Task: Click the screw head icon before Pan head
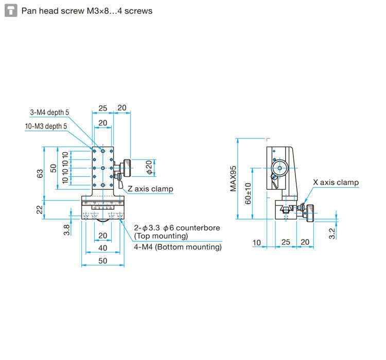[11, 11]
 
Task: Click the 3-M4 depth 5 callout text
[49, 113]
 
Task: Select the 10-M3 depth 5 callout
[46, 126]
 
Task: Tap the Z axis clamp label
[150, 189]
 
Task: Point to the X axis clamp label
[336, 183]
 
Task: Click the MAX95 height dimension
[233, 178]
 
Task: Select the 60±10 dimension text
[248, 193]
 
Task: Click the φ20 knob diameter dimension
[149, 167]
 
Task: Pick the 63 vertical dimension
[40, 173]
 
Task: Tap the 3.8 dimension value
[66, 230]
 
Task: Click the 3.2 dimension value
[332, 233]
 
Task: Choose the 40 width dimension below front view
[102, 248]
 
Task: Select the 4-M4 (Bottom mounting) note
[178, 247]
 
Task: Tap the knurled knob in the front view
[127, 168]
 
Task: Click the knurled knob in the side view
[310, 213]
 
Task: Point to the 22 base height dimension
[40, 210]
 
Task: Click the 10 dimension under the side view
[256, 243]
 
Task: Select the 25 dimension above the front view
[102, 109]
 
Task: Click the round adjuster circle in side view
[279, 168]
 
